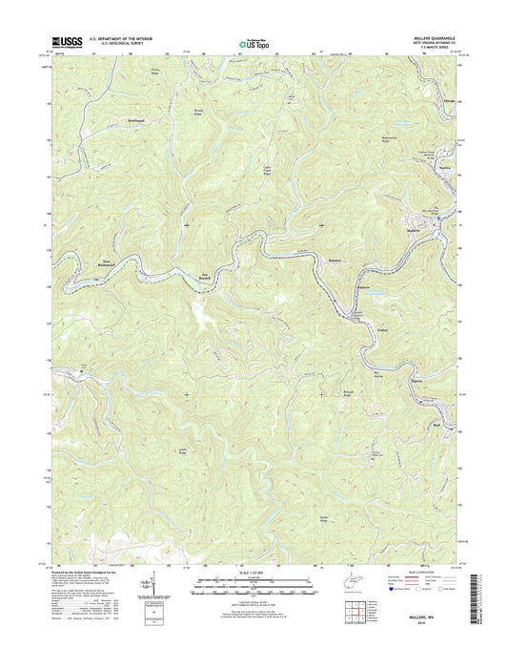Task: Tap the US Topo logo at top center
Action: click(254, 42)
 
